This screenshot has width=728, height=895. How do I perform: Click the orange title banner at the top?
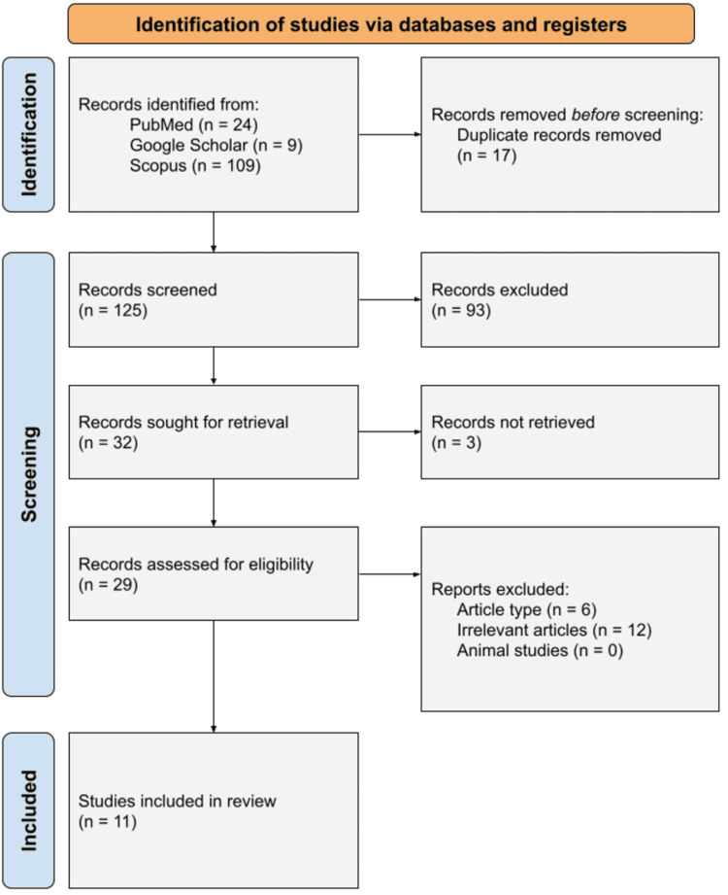[x=381, y=24]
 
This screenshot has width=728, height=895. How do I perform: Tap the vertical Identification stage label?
[x=28, y=135]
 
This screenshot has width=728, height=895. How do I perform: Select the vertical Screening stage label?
[x=28, y=474]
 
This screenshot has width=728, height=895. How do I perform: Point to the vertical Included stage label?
[x=28, y=810]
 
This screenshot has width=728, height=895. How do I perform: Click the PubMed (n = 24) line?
[x=194, y=124]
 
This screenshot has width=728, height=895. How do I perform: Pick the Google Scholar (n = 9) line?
[x=216, y=145]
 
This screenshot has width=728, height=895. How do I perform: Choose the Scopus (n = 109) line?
[x=195, y=165]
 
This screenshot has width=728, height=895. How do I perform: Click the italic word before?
[x=595, y=114]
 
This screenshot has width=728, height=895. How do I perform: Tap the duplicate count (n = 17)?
[x=487, y=155]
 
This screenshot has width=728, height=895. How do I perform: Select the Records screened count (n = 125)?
[x=113, y=310]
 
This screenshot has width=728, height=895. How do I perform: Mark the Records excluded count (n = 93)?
[x=461, y=310]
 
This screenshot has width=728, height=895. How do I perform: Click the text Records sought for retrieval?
[x=183, y=422]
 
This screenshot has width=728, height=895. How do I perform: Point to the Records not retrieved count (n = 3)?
[x=456, y=442]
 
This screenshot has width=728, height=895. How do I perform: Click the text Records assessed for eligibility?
[x=196, y=564]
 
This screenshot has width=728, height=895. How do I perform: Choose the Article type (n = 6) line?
[x=527, y=609]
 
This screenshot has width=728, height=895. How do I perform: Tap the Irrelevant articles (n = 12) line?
[x=554, y=630]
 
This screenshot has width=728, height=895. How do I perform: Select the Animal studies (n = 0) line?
[x=540, y=651]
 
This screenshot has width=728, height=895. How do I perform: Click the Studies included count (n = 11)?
[x=107, y=821]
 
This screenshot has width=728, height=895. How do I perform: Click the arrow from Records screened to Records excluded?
[x=390, y=299]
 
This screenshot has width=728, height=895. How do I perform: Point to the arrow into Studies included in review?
[x=214, y=676]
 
